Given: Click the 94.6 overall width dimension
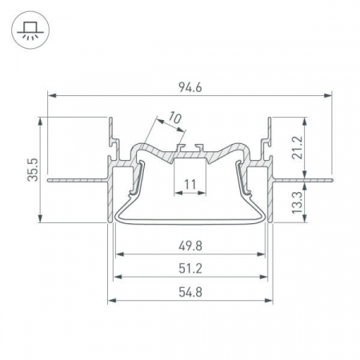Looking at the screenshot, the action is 190,87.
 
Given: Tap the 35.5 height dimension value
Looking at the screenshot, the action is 33,170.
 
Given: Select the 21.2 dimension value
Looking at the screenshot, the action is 297,147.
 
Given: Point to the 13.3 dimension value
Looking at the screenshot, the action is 298,202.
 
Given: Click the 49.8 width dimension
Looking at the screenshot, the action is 190,246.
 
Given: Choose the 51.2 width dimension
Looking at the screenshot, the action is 190,269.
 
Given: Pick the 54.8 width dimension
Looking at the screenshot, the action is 190,292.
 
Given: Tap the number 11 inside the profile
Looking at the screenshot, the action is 190,184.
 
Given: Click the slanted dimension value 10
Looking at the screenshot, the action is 175,118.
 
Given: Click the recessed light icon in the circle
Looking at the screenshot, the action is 30,30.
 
